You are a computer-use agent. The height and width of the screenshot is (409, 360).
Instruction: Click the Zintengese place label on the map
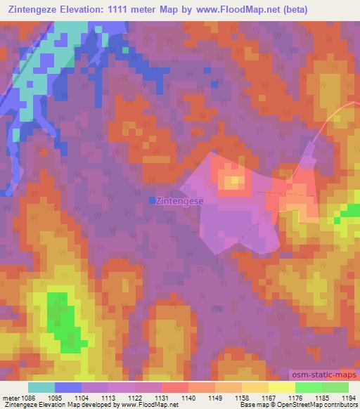[181, 200]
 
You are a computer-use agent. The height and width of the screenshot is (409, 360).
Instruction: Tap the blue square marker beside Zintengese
[152, 200]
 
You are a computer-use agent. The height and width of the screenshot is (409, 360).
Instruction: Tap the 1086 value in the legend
[26, 398]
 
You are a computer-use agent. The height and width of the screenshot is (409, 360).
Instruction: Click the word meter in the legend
[9, 398]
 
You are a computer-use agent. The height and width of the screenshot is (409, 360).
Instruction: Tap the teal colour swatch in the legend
[41, 387]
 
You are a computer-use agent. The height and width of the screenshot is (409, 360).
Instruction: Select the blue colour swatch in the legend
[67, 387]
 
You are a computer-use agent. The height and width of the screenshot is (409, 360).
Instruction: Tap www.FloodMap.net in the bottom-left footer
[149, 405]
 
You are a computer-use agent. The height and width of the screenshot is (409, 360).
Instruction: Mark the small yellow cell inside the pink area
[233, 183]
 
